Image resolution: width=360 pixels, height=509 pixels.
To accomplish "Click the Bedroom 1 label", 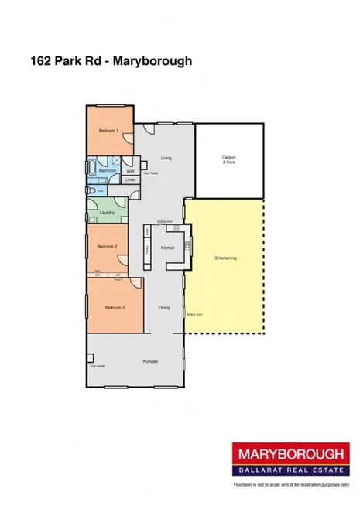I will [x=108, y=132].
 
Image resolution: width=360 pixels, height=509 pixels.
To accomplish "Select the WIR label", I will [x=130, y=171].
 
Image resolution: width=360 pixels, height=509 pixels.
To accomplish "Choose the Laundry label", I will [x=107, y=211].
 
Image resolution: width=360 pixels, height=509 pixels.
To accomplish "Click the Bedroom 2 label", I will [x=107, y=246].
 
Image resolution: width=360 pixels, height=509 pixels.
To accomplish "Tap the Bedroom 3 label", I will [x=114, y=307].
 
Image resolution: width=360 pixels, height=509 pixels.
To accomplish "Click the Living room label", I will [x=166, y=158].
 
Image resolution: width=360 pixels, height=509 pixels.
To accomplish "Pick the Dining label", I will [x=164, y=308].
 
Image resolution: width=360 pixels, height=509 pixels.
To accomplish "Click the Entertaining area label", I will [x=226, y=257].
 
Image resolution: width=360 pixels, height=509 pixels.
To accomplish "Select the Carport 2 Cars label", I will [x=229, y=160].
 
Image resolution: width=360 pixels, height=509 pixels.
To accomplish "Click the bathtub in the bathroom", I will [x=91, y=169].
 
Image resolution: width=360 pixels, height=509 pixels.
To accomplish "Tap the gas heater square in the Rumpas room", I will [x=91, y=358].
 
